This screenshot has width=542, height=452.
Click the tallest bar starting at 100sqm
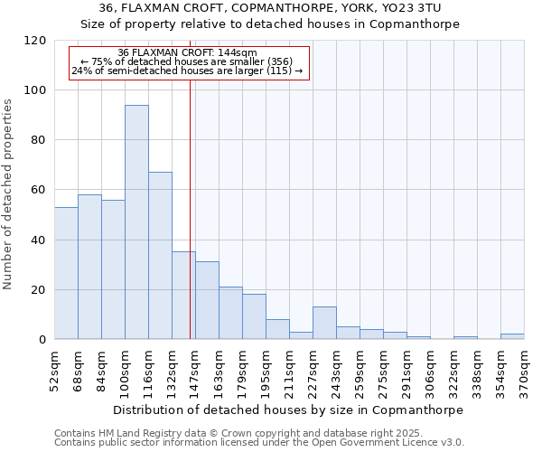(x=136, y=222)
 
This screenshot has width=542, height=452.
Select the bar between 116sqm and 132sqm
(x=160, y=256)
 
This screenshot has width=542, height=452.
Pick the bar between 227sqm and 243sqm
(x=324, y=323)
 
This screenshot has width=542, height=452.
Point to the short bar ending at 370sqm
(x=512, y=336)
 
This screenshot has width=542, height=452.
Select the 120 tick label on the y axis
(x=36, y=41)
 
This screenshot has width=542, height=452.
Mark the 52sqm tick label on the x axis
(x=54, y=366)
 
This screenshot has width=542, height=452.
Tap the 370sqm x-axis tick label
(x=524, y=366)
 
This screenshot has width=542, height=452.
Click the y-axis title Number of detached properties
(x=9, y=194)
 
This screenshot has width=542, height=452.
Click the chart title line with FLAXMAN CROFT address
(x=270, y=8)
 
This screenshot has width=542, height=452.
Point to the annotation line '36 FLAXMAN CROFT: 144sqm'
(x=187, y=52)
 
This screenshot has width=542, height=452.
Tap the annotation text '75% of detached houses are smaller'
(x=187, y=61)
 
